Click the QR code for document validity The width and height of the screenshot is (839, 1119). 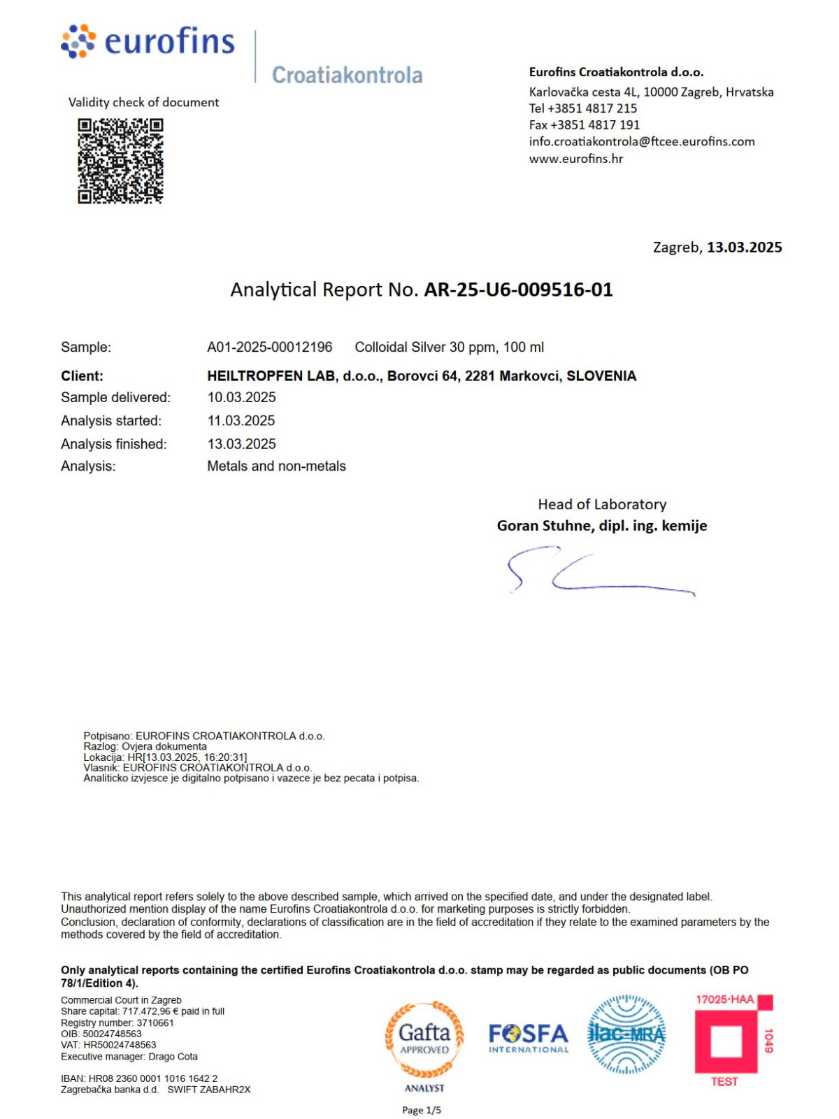point(120,161)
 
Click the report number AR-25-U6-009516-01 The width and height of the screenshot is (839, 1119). point(518,290)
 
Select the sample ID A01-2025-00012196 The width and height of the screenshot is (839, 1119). point(270,347)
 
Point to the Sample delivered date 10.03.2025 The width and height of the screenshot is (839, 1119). point(241,397)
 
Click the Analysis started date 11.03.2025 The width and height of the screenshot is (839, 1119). point(241,420)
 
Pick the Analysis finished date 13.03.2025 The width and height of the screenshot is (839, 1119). point(241,444)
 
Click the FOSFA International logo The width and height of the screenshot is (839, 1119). point(529,1037)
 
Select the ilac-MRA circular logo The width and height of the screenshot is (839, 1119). point(626,1034)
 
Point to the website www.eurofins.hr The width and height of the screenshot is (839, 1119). point(575,159)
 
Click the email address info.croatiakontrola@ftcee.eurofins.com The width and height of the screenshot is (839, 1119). point(642,141)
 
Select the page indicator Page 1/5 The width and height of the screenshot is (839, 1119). point(422,1110)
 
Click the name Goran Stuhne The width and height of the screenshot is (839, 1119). point(545,525)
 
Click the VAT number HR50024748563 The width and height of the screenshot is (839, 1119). point(120,1045)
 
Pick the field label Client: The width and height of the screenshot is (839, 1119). point(82,376)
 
